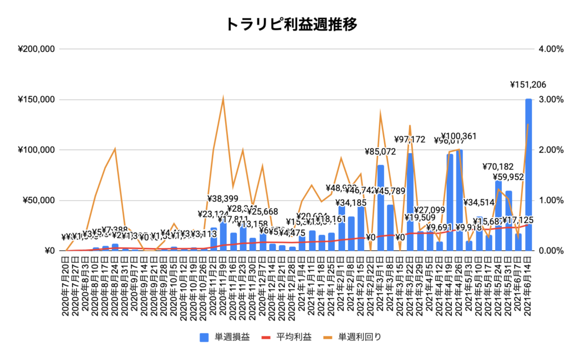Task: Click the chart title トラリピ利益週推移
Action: [291, 24]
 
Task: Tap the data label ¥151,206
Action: [528, 85]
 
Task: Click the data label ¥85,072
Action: [381, 152]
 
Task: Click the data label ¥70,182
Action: [498, 167]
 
